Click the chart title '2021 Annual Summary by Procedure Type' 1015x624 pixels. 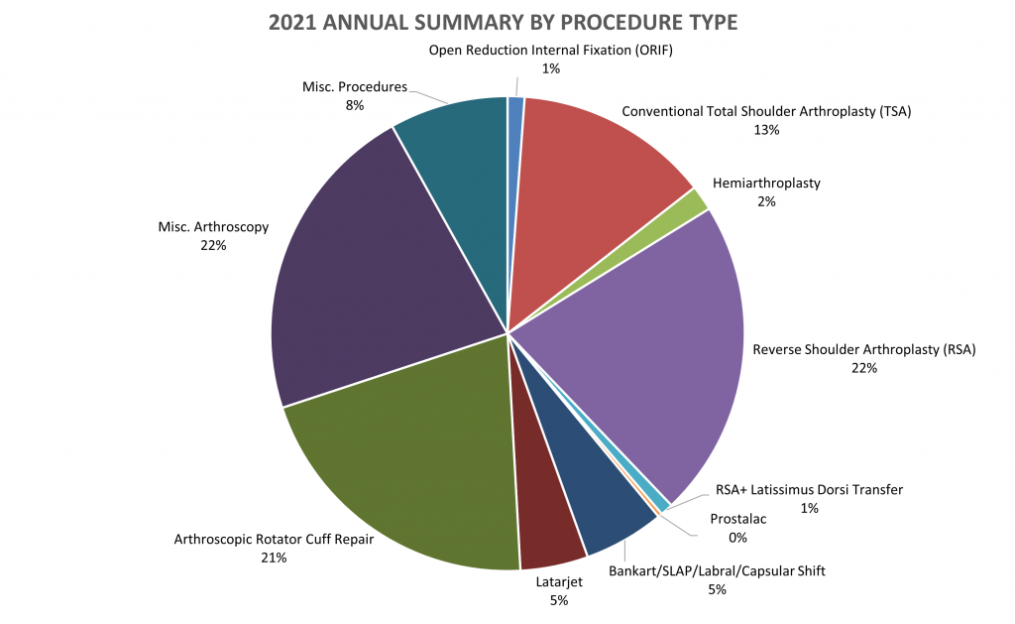[507, 21]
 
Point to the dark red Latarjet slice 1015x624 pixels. [545, 516]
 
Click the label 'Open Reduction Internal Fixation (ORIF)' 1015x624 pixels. [550, 51]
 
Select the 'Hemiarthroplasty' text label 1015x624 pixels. [766, 184]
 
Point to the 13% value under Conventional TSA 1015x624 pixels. [766, 129]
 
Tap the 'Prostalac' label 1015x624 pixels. [737, 519]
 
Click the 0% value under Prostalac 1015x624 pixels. [737, 538]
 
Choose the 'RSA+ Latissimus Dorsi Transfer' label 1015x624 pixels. [809, 489]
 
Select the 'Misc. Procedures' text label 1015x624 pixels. [355, 87]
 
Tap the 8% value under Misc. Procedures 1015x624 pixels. [355, 106]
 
